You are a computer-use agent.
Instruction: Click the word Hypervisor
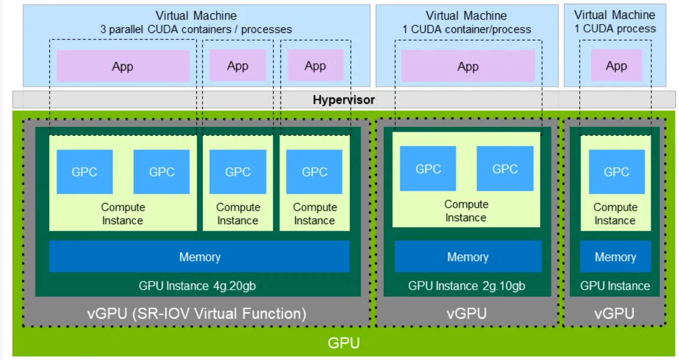[x=344, y=100]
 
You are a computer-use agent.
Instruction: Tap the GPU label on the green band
[x=344, y=343]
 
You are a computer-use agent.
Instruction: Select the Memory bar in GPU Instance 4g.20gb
[x=199, y=257]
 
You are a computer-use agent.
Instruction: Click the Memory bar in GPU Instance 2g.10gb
[x=468, y=257]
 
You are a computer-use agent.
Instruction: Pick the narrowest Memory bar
[x=615, y=257]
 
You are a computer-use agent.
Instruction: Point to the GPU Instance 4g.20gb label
[x=197, y=286]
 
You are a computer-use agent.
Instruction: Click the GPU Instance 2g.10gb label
[x=466, y=286]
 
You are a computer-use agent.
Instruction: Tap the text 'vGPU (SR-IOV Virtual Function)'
[x=197, y=313]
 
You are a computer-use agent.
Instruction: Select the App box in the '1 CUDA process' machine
[x=616, y=66]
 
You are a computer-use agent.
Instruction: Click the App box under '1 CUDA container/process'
[x=468, y=66]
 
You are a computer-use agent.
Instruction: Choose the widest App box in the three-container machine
[x=123, y=66]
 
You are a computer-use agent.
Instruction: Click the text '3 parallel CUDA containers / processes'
[x=196, y=30]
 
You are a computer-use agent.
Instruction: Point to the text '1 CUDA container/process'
[x=466, y=30]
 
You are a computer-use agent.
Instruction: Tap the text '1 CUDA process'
[x=615, y=28]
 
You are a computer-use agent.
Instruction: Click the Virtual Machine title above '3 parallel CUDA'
[x=196, y=15]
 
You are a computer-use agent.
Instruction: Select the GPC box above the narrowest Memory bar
[x=616, y=172]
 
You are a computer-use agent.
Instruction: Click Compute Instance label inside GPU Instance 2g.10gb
[x=466, y=211]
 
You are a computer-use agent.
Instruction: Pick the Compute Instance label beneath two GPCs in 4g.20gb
[x=123, y=214]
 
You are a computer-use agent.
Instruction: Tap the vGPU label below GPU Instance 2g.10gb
[x=466, y=313]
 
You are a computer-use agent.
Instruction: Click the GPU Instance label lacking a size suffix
[x=615, y=286]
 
